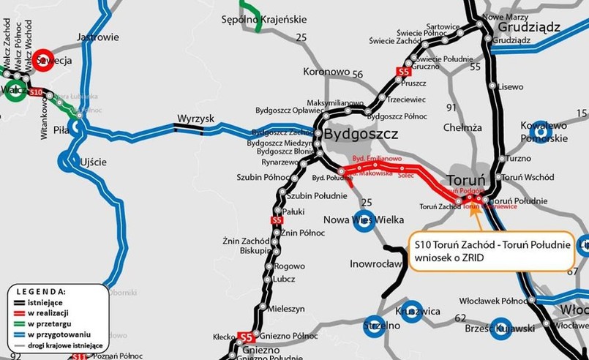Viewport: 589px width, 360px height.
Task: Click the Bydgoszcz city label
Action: pos(361,135)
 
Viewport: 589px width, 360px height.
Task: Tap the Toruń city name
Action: pos(466,180)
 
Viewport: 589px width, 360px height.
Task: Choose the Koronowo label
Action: pos(327,72)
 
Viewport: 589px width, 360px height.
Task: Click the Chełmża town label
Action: pos(462,127)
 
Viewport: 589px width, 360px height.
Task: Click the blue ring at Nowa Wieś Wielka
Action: pos(364,220)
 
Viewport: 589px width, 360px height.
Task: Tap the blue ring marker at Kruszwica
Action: pos(412,310)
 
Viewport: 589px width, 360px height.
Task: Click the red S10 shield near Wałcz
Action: pos(35,92)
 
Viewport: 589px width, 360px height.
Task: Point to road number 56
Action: pos(357,75)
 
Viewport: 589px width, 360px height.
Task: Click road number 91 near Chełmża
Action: pos(451,108)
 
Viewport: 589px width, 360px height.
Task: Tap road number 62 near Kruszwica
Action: pos(459,318)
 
